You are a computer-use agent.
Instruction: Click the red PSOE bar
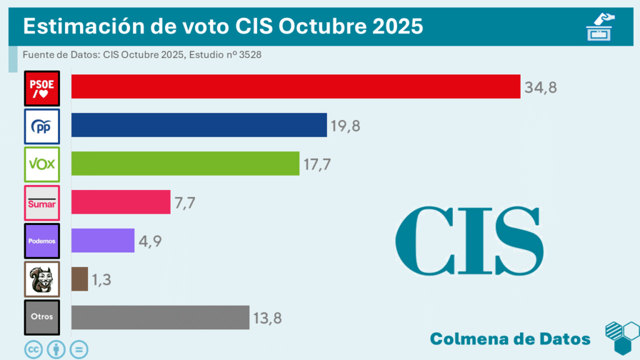coord(296,86)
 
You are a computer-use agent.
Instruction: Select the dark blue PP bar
coord(199,125)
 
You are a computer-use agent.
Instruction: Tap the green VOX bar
coord(185,163)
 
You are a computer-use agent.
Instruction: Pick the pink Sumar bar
coord(121,202)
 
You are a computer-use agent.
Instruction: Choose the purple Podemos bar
coord(103,241)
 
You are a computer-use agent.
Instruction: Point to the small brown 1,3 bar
coord(79,279)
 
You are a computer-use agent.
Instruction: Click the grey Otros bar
coord(160,317)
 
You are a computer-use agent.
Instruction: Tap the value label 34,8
coord(541,87)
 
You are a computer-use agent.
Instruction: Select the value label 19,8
coord(346,126)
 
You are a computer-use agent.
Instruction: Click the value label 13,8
coord(267,318)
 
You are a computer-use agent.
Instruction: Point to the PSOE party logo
coord(42,88)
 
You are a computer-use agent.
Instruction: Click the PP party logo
coord(42,126)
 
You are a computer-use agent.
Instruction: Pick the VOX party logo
coord(42,164)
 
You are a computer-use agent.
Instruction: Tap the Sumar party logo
coord(42,202)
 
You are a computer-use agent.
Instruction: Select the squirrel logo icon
coord(42,279)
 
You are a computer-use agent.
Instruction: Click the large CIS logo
coord(469,241)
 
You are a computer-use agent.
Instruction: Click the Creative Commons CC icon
coord(33,349)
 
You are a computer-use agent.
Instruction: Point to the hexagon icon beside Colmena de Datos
coord(622,338)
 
